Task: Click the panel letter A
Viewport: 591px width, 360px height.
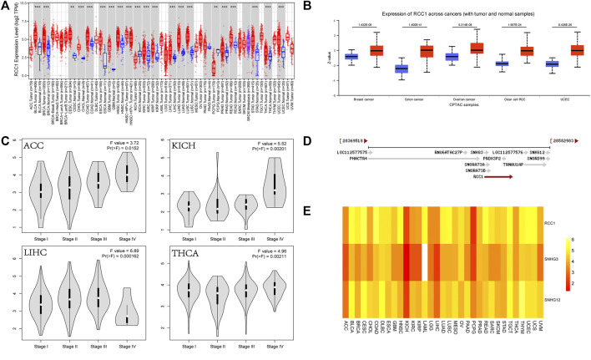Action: (x=6, y=7)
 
